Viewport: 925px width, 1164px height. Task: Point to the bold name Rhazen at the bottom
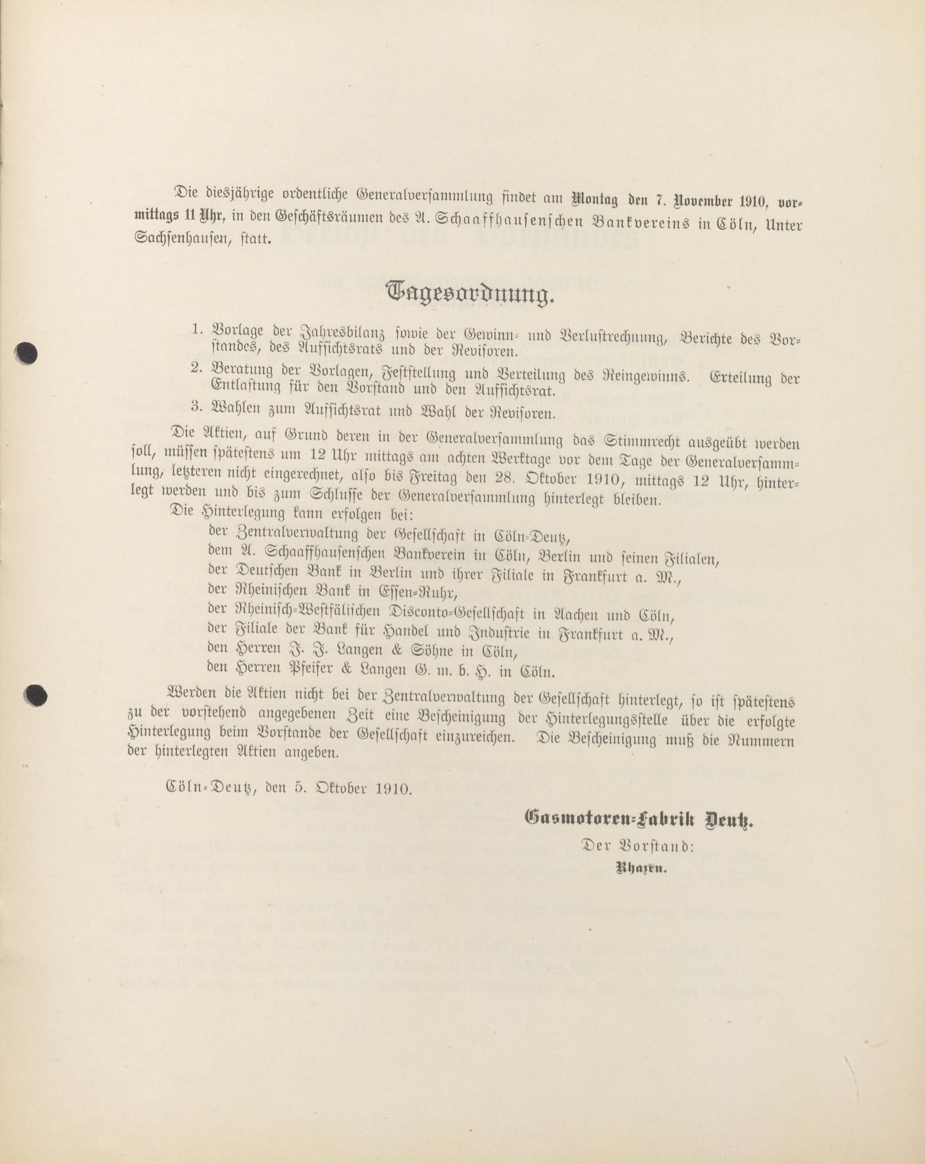(x=641, y=869)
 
